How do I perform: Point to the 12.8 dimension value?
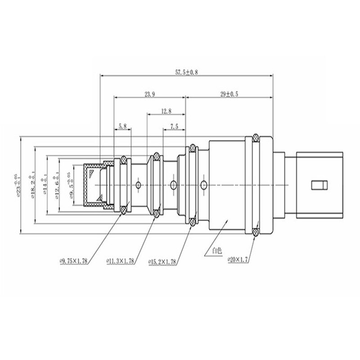point(165,111)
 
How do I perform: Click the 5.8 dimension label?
point(122,126)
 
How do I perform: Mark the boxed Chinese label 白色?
point(211,252)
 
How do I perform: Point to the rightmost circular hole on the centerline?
point(205,184)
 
